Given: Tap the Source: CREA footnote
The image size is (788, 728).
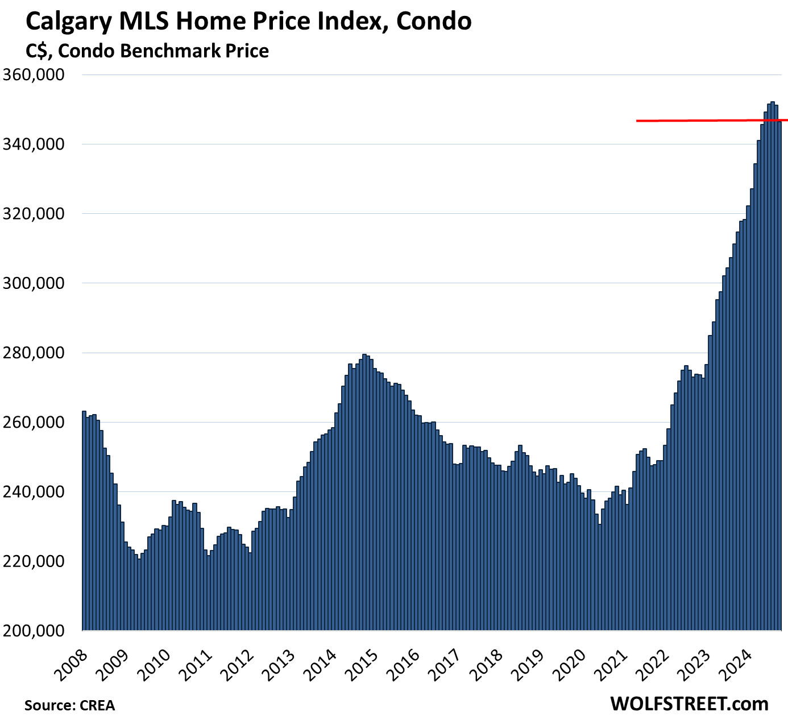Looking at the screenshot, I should coord(69,706).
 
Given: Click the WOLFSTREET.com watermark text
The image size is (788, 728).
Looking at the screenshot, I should coord(689,704).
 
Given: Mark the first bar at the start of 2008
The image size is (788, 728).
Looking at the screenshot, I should coord(84,512).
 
